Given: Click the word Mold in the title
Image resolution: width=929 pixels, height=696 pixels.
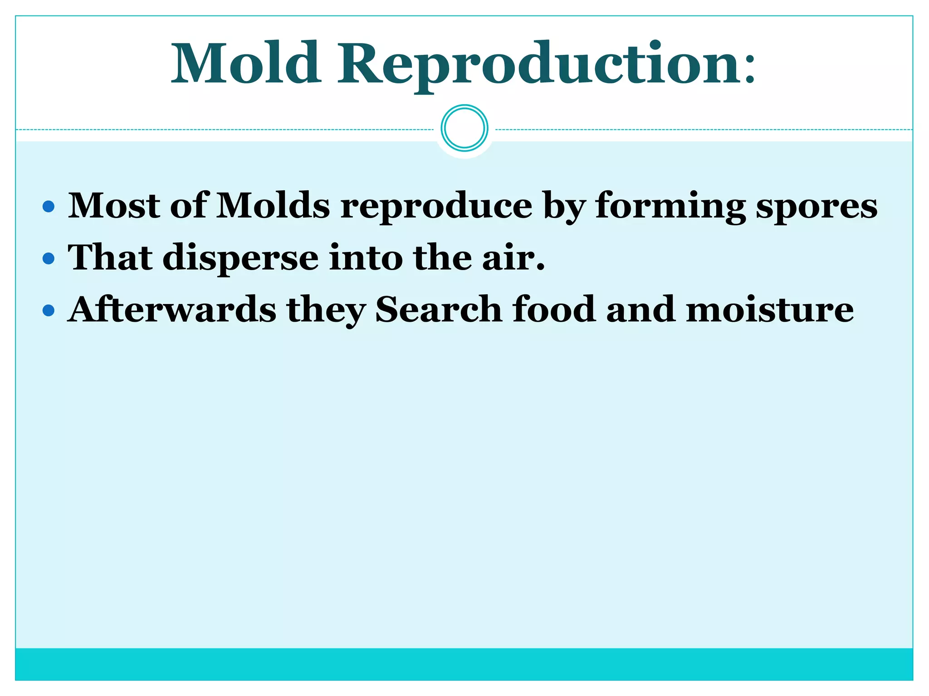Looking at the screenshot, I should (x=246, y=63).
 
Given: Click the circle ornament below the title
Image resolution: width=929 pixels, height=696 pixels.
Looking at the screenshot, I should (x=464, y=128).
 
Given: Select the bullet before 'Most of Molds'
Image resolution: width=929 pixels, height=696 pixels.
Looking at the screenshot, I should (x=48, y=207).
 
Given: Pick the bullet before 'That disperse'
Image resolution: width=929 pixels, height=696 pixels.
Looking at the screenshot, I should (x=48, y=259).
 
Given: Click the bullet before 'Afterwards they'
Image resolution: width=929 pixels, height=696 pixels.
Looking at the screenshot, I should (x=48, y=311).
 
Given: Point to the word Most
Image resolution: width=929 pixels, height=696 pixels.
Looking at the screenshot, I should (x=114, y=206).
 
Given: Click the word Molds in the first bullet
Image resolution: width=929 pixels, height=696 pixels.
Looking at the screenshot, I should (x=273, y=206).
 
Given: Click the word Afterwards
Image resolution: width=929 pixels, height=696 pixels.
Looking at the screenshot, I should (x=172, y=309).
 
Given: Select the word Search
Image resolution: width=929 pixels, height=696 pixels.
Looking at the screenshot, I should (x=438, y=309).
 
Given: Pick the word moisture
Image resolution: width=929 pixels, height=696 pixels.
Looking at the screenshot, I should (x=770, y=309).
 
